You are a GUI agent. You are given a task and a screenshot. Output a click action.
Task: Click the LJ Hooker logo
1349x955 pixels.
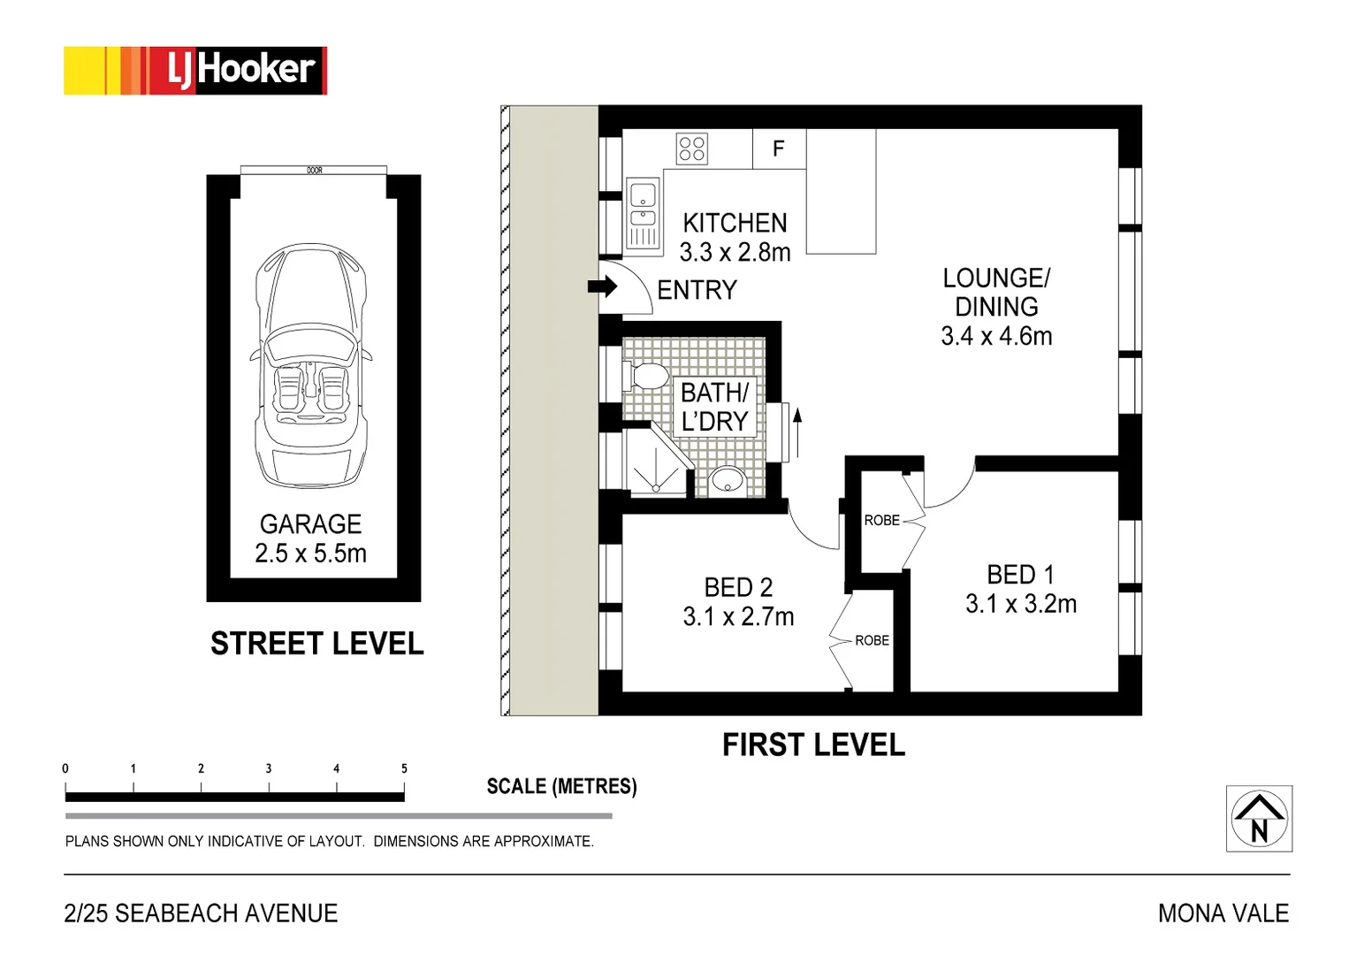click(x=195, y=71)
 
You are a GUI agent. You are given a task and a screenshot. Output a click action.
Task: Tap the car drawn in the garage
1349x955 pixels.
click(x=310, y=366)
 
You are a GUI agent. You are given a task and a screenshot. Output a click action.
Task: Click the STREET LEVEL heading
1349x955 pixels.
click(x=316, y=644)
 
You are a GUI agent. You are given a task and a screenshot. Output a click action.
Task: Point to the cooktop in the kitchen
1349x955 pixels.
click(x=692, y=149)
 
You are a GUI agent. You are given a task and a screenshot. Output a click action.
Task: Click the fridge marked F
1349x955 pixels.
click(x=780, y=149)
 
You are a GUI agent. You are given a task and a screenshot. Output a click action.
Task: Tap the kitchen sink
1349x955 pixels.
click(x=644, y=213)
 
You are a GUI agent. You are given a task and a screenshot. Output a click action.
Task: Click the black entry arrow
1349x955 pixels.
click(x=603, y=286)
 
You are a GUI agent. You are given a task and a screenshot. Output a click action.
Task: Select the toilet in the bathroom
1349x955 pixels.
click(x=645, y=376)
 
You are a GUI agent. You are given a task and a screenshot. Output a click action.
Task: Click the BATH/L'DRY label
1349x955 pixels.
click(x=715, y=408)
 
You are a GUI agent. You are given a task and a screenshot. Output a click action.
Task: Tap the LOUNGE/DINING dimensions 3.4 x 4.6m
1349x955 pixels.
click(x=996, y=336)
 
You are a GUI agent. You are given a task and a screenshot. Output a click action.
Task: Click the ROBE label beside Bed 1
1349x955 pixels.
click(x=881, y=520)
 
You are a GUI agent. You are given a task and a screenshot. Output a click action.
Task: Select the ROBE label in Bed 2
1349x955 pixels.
click(x=872, y=640)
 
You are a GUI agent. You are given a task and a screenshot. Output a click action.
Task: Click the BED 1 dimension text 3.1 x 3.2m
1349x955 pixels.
click(x=1021, y=604)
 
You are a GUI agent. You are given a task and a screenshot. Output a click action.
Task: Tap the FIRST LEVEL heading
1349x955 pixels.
click(x=813, y=745)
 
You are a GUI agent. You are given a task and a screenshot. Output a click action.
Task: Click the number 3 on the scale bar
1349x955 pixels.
click(x=269, y=768)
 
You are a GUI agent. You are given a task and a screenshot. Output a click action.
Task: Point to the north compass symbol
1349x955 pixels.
click(x=1259, y=818)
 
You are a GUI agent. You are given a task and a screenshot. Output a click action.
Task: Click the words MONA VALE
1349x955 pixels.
click(x=1223, y=913)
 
